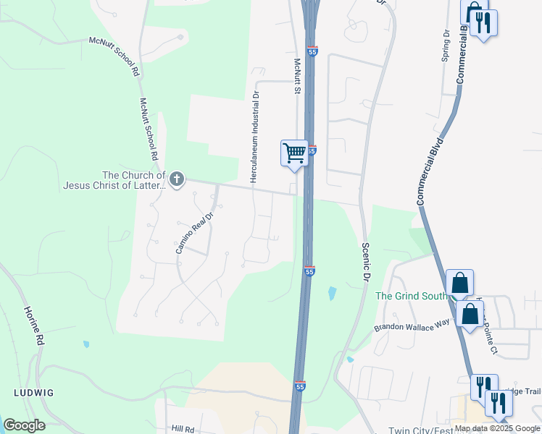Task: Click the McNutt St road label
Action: [296, 77]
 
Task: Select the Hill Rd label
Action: [183, 428]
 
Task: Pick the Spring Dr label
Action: [446, 46]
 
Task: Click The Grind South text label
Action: [411, 296]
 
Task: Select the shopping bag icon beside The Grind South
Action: [459, 284]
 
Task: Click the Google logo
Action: [24, 425]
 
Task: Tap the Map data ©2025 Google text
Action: [497, 428]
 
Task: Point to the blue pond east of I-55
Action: [332, 293]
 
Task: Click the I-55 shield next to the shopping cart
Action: [312, 150]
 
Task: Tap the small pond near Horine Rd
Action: [86, 344]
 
